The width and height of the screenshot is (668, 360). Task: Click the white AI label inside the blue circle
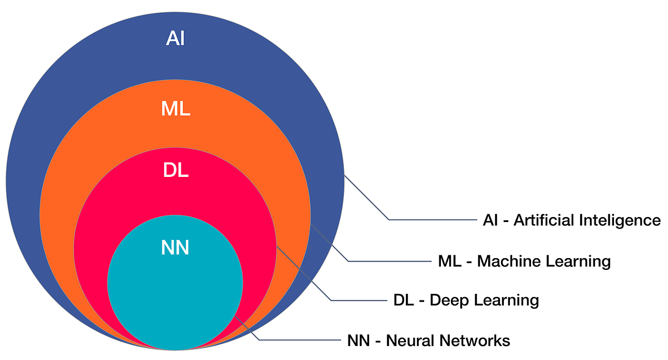point(175,39)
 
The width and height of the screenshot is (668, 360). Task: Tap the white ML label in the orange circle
point(175,109)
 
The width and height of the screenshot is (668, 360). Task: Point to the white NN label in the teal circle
point(175,248)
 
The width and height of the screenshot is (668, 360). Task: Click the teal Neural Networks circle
point(175,295)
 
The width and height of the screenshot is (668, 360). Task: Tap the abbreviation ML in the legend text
point(449,260)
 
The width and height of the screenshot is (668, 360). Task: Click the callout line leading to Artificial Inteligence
point(434,220)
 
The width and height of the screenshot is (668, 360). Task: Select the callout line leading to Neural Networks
point(301,339)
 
